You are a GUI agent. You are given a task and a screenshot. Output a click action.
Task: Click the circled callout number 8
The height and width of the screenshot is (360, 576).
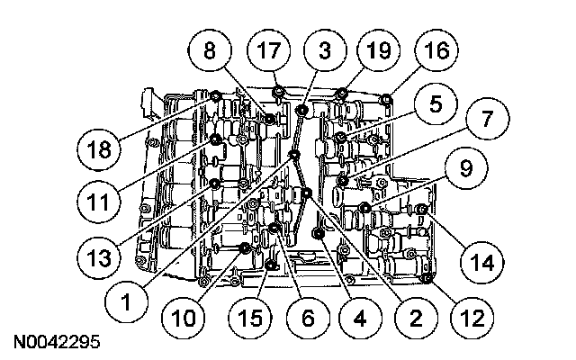pyautogui.click(x=210, y=50)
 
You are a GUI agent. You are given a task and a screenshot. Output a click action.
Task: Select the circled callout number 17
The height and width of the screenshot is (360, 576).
pyautogui.click(x=269, y=50)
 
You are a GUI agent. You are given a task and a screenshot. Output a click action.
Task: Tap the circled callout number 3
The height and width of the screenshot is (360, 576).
pyautogui.click(x=325, y=50)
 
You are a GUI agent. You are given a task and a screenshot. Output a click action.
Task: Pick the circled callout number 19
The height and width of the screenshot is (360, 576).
pyautogui.click(x=379, y=50)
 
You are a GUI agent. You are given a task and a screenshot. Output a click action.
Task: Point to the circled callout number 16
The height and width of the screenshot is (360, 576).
pyautogui.click(x=436, y=50)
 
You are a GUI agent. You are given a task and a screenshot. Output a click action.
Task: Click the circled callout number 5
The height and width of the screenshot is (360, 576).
pyautogui.click(x=436, y=104)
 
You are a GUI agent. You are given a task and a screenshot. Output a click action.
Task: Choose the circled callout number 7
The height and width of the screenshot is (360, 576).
pyautogui.click(x=488, y=119)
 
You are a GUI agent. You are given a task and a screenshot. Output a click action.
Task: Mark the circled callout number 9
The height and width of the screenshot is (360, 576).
pyautogui.click(x=466, y=168)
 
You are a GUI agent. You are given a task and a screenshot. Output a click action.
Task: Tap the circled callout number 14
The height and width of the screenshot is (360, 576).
pyautogui.click(x=482, y=263)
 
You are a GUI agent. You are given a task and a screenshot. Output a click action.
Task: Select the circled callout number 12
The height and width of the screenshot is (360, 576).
pyautogui.click(x=472, y=318)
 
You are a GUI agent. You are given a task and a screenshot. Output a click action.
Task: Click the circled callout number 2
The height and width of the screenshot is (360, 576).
pyautogui.click(x=416, y=318)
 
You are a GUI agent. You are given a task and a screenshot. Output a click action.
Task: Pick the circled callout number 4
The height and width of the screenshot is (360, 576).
pyautogui.click(x=360, y=318)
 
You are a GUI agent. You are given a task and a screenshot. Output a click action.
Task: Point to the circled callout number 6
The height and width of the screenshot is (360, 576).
pyautogui.click(x=308, y=318)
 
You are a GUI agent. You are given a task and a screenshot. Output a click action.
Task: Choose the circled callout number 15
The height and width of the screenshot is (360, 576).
pyautogui.click(x=250, y=318)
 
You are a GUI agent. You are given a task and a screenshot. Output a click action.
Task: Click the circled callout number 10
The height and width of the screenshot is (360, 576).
pyautogui.click(x=184, y=318)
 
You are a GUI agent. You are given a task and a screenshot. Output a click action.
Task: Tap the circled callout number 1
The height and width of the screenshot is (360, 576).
pyautogui.click(x=126, y=301)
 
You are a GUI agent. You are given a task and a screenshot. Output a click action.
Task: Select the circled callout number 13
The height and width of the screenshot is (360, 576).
pyautogui.click(x=99, y=257)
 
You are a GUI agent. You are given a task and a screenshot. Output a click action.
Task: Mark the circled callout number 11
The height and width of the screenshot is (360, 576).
pyautogui.click(x=99, y=202)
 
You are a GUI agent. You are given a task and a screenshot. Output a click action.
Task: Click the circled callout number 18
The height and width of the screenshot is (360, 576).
pyautogui.click(x=99, y=149)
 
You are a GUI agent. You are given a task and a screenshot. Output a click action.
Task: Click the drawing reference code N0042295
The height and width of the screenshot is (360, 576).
pyautogui.click(x=57, y=342)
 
